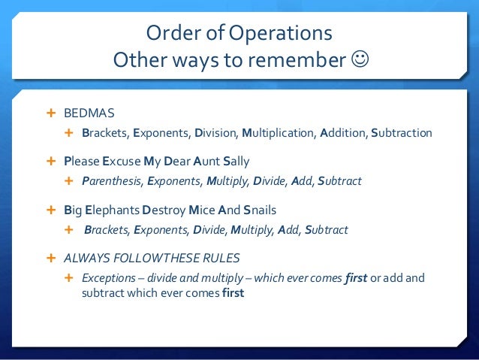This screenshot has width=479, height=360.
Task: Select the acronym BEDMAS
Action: coord(89,113)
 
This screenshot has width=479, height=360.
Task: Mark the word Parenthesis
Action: coord(112,181)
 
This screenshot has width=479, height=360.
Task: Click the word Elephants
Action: coord(116,210)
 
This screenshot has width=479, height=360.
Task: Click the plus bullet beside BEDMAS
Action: coord(52,113)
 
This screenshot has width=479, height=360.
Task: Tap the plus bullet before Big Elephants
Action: coord(52,210)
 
